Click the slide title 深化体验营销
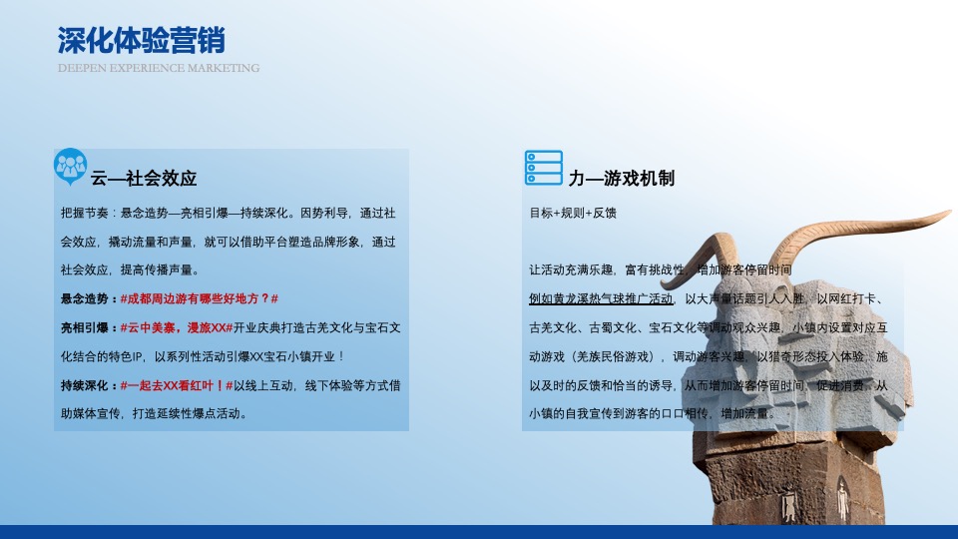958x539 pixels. pos(141,41)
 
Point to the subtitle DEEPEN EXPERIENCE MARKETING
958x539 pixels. pos(158,69)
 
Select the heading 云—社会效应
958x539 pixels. pos(144,179)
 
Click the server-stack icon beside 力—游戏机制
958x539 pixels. pos(544,168)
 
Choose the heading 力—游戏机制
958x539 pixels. pos(622,179)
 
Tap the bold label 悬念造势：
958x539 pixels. pos(89,299)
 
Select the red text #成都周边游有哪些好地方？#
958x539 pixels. pos(199,299)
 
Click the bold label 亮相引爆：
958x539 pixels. pos(89,327)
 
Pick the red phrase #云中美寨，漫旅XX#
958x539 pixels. pos(176,327)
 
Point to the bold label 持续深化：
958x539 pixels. pos(89,385)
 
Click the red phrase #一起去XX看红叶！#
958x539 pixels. pos(176,385)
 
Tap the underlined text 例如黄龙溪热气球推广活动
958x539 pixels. pos(601,299)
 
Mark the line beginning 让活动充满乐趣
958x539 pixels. pos(660,270)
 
